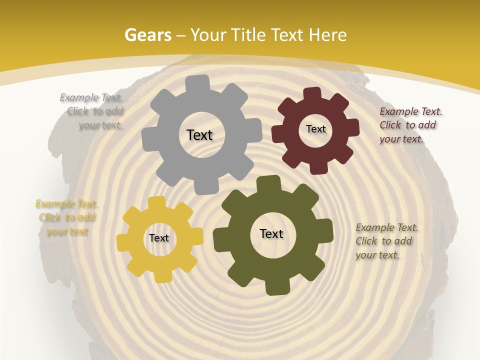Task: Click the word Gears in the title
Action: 147,35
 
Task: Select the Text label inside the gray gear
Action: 199,135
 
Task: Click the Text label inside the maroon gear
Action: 315,129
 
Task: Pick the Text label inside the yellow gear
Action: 159,238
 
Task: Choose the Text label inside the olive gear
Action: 271,233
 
